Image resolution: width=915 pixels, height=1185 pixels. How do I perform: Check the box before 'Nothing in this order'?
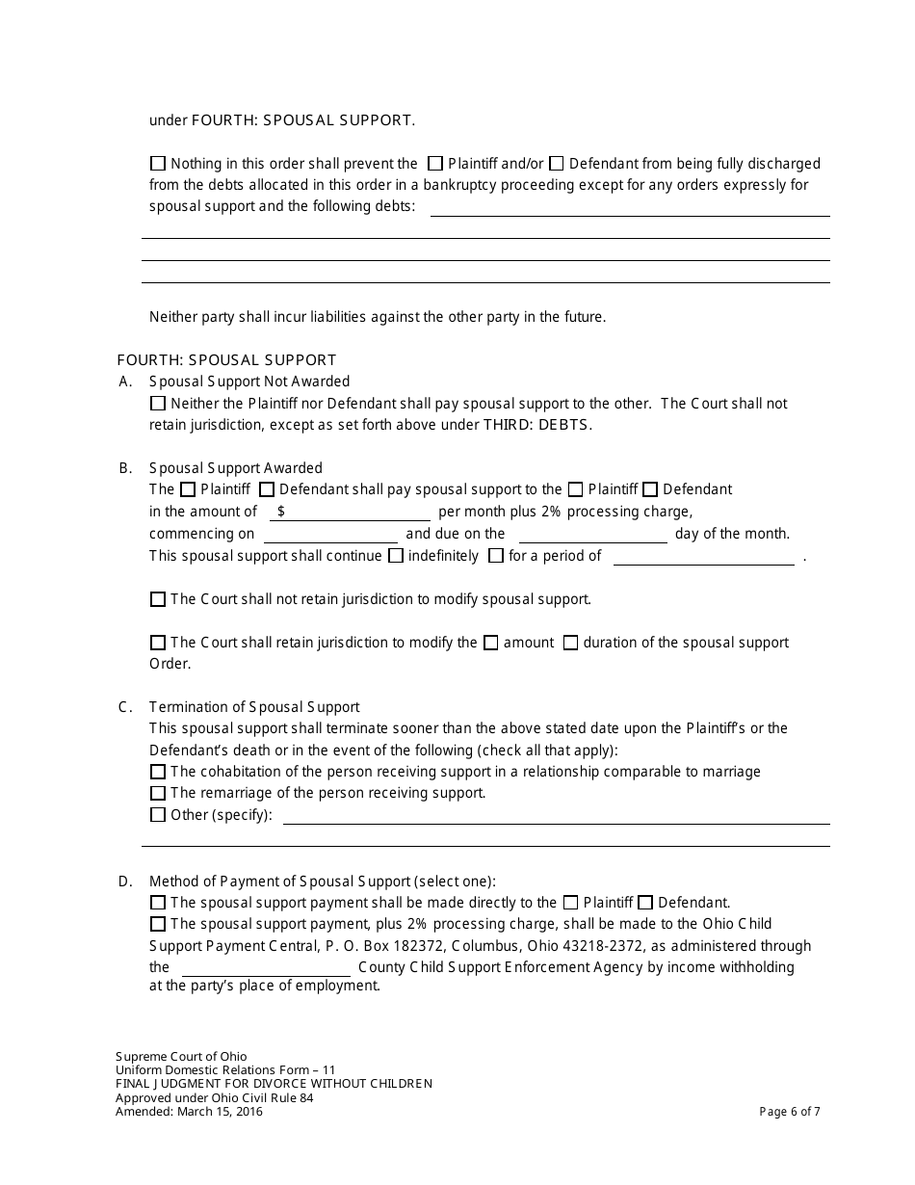[x=158, y=164]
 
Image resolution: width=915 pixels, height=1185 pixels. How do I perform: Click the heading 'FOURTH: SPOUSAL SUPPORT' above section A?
[x=226, y=360]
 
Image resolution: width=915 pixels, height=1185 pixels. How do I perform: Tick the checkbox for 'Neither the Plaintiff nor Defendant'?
[x=158, y=404]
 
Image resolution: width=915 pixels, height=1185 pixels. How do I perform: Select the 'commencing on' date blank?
[x=330, y=534]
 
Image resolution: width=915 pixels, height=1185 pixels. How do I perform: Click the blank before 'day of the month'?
[x=592, y=534]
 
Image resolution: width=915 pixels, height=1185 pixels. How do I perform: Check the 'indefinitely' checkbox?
[x=396, y=556]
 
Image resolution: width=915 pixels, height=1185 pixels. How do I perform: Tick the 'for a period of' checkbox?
[x=496, y=556]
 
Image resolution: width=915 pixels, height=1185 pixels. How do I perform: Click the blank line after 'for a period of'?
[x=703, y=556]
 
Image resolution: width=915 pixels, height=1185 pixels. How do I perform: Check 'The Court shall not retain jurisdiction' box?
[x=158, y=599]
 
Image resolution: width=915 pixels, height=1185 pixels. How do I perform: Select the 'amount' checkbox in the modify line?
[x=490, y=643]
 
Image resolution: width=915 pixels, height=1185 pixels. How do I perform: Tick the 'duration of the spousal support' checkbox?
[x=570, y=643]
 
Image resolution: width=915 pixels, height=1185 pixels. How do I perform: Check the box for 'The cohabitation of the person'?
[x=158, y=772]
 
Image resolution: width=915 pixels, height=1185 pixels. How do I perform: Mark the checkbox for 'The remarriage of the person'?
[x=158, y=793]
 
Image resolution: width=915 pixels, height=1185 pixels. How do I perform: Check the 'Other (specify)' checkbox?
[x=158, y=815]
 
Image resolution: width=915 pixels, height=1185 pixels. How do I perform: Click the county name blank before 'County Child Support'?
[x=266, y=967]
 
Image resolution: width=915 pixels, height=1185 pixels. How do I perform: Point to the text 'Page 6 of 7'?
[x=790, y=1111]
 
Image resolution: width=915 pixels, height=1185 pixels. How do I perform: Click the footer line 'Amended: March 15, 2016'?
[x=189, y=1111]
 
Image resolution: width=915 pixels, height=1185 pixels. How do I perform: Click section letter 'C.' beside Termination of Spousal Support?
[x=125, y=707]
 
